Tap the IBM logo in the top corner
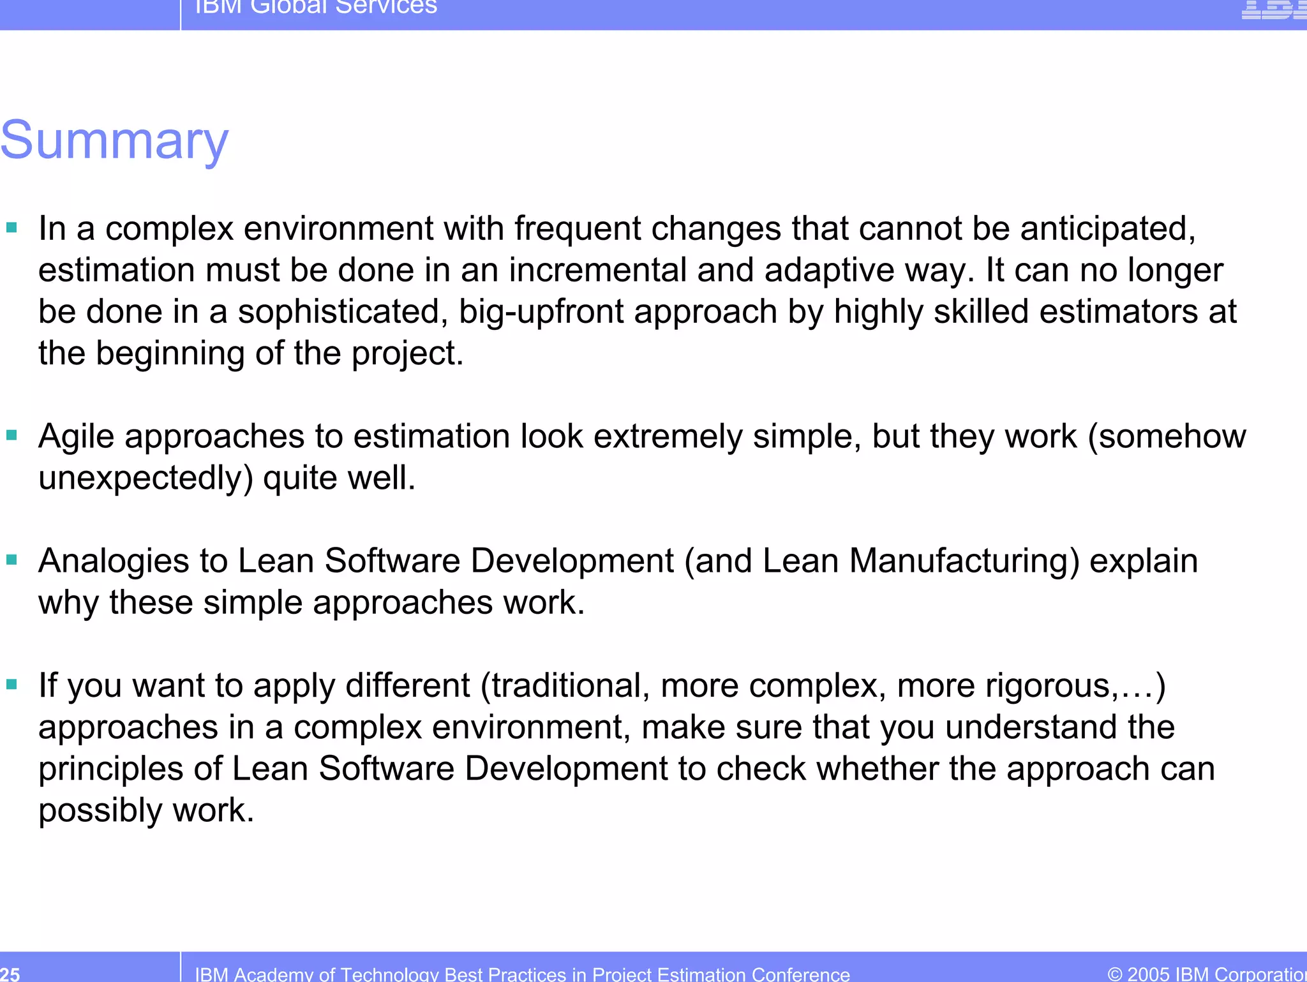[1274, 9]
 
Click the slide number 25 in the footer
[10, 974]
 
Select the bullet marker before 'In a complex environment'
[11, 227]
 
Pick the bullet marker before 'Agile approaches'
[11, 435]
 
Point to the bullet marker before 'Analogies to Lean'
[11, 560]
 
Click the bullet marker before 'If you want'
[11, 685]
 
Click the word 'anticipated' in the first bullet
[1107, 229]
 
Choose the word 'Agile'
[76, 438]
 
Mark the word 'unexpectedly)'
[146, 479]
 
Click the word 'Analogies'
[114, 562]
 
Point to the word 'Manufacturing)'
[964, 562]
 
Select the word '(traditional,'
[565, 686]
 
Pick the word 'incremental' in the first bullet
[597, 271]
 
